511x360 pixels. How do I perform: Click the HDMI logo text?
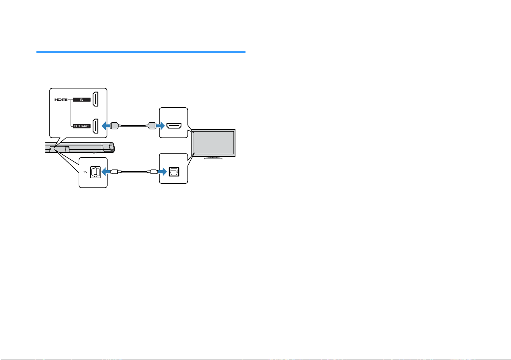click(x=61, y=100)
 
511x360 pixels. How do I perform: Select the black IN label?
click(x=82, y=100)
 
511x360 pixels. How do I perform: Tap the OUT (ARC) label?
click(x=82, y=126)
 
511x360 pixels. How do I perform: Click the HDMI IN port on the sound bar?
click(x=95, y=99)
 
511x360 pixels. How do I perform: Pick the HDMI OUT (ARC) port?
click(x=95, y=126)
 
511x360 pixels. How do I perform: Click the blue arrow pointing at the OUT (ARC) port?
click(x=106, y=126)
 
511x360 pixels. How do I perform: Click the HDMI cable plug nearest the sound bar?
click(x=115, y=126)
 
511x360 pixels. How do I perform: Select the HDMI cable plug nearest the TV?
click(x=151, y=126)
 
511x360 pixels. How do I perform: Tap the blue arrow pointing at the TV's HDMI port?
click(x=161, y=126)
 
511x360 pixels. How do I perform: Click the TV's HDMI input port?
click(x=174, y=126)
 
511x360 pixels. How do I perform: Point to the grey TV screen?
click(x=213, y=143)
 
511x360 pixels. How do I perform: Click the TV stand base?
click(x=213, y=158)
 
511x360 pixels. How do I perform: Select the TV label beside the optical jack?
click(x=85, y=172)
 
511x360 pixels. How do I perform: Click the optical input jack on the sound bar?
click(x=95, y=172)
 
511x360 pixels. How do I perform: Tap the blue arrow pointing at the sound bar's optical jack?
click(x=106, y=172)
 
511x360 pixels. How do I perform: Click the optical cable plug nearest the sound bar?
click(x=114, y=172)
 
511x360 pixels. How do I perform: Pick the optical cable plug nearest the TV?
click(x=154, y=172)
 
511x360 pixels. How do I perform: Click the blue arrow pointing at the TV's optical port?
click(x=162, y=172)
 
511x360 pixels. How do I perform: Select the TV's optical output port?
click(x=174, y=172)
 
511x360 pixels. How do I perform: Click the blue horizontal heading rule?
click(x=141, y=52)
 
